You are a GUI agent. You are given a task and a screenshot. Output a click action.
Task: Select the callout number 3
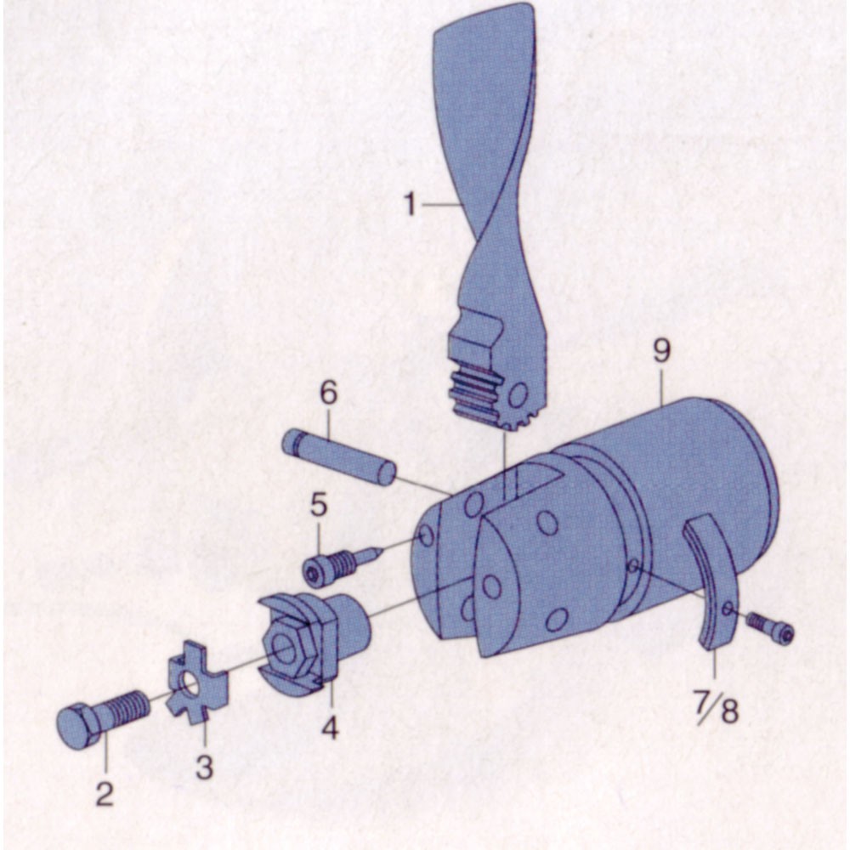[x=204, y=767]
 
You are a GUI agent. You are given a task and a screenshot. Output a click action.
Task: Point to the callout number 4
[x=330, y=727]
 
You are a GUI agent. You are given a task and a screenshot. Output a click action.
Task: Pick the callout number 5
[x=319, y=504]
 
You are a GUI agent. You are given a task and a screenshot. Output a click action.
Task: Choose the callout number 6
[x=328, y=392]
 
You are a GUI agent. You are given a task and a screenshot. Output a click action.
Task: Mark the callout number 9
[x=661, y=351]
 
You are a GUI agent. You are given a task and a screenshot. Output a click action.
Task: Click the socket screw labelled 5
[x=342, y=566]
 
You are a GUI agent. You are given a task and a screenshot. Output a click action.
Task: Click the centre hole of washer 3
[x=190, y=686]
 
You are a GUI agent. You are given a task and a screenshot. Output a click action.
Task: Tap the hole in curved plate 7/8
[x=729, y=609]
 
